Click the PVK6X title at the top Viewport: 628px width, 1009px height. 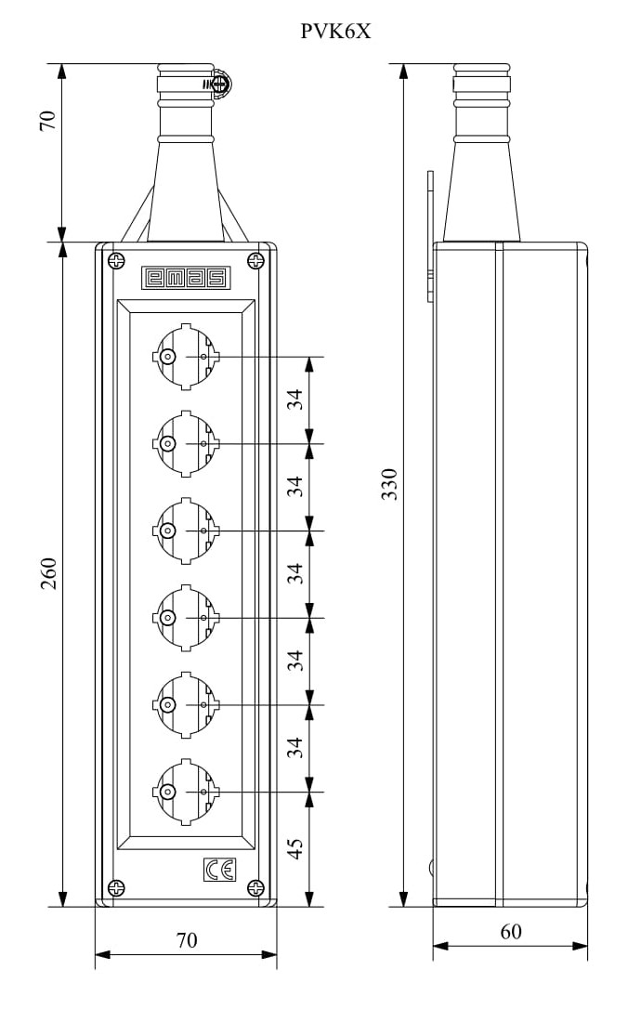point(335,32)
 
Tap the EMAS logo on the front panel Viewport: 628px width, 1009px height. point(185,278)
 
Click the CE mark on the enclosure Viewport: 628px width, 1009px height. point(220,870)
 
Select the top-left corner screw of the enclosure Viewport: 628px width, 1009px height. point(116,261)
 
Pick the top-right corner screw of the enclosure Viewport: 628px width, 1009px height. point(256,261)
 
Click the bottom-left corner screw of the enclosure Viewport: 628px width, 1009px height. point(116,888)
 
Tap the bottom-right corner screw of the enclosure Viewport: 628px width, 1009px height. point(256,888)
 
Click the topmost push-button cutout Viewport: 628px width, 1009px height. point(186,357)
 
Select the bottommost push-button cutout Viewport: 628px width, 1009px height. point(186,792)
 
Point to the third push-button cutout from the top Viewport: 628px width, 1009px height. point(186,531)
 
